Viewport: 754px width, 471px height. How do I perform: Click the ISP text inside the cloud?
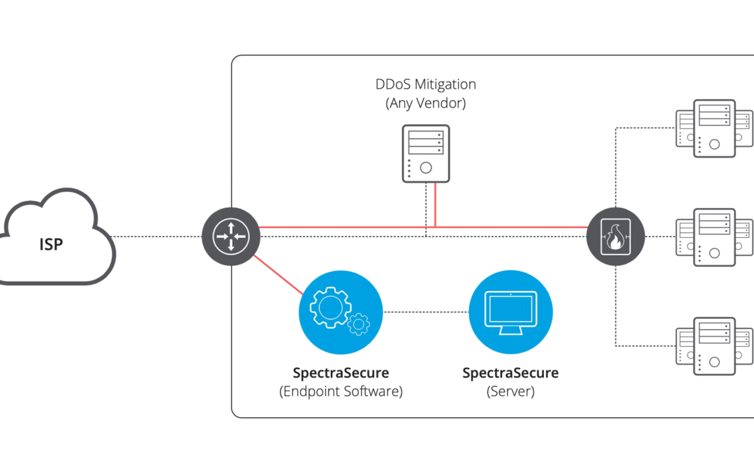[x=51, y=244]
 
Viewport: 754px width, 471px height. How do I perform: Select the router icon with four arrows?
[x=231, y=237]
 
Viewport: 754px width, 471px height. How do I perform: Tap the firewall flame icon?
[x=616, y=237]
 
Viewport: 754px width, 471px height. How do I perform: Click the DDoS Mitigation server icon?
[x=426, y=154]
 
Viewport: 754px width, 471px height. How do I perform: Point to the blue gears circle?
[x=341, y=313]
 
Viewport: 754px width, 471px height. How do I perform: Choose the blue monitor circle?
[x=510, y=313]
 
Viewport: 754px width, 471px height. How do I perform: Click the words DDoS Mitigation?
[x=426, y=84]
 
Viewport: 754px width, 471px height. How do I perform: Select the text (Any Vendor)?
[x=426, y=103]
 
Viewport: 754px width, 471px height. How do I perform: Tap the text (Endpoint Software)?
[x=341, y=391]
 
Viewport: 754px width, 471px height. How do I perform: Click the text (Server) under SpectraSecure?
[x=510, y=391]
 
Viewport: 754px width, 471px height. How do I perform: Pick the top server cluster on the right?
[x=715, y=128]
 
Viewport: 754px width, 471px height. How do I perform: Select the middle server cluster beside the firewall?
[x=715, y=237]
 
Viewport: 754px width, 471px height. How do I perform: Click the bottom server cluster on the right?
[x=715, y=346]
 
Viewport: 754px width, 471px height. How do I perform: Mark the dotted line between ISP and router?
[x=157, y=237]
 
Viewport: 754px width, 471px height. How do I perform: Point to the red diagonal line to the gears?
[x=278, y=274]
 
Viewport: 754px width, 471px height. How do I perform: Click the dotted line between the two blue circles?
[x=426, y=312]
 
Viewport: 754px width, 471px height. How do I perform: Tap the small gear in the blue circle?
[x=359, y=324]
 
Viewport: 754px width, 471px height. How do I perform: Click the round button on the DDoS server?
[x=426, y=167]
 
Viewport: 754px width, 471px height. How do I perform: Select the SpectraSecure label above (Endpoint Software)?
[x=341, y=373]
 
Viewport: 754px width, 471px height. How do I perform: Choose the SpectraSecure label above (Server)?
[x=510, y=373]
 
